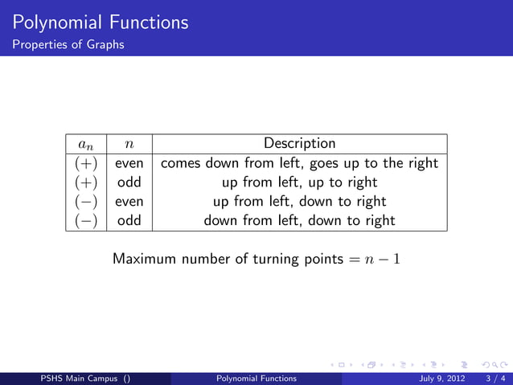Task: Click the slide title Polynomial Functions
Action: [101, 23]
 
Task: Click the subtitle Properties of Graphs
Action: [68, 44]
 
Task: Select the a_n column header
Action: [86, 145]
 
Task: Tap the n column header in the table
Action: [129, 145]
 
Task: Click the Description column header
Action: [299, 144]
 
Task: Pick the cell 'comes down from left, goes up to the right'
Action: [299, 163]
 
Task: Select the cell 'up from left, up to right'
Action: [299, 182]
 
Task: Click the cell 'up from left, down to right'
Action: [299, 201]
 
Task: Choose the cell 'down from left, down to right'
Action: [299, 220]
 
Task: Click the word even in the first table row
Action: [129, 163]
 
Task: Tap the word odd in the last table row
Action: [129, 220]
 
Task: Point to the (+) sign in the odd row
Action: [86, 182]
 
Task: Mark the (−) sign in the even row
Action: [86, 201]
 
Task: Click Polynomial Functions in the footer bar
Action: [256, 379]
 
